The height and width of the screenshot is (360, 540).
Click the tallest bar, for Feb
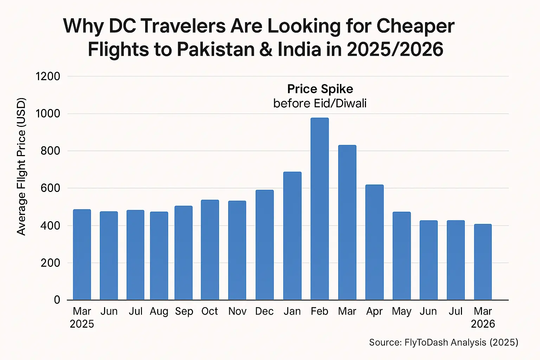[320, 209]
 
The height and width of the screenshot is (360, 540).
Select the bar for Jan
[292, 236]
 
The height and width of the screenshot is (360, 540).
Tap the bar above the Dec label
[264, 245]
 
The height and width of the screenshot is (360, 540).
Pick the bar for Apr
[374, 242]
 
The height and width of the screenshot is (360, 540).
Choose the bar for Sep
[184, 253]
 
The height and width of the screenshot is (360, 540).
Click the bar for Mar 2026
[483, 262]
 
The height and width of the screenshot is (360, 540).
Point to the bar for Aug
[159, 256]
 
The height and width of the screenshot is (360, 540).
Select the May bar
[401, 256]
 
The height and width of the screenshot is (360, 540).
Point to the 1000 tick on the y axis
[48, 114]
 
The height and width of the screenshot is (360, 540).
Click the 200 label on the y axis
[50, 263]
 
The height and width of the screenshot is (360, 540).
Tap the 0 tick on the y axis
[57, 300]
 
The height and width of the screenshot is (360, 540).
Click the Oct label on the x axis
[210, 311]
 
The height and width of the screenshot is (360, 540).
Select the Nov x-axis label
[237, 311]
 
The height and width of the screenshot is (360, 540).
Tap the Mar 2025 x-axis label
[82, 317]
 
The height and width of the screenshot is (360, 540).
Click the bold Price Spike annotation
[320, 89]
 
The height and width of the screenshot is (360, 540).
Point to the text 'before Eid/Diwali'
[320, 103]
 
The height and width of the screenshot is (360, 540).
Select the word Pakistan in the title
[216, 49]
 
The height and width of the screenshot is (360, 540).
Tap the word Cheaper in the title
[415, 26]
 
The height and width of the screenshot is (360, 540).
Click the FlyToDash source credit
[443, 342]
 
